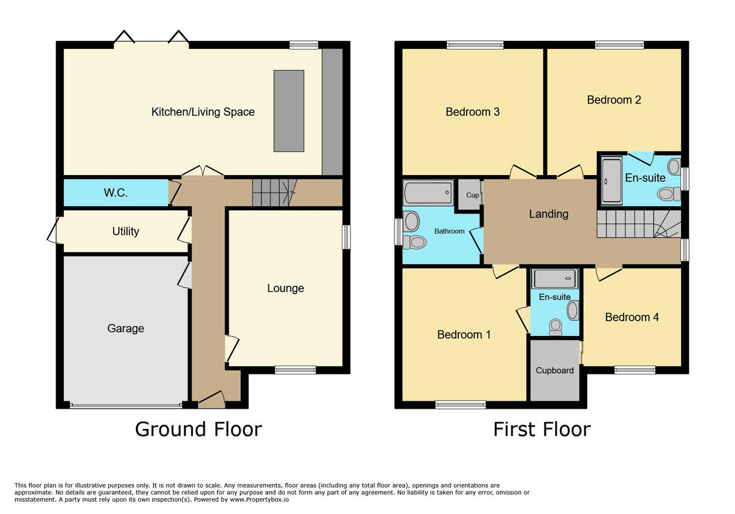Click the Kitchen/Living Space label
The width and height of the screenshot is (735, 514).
203,112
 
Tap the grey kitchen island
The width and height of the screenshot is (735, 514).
288,111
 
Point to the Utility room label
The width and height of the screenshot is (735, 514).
126,231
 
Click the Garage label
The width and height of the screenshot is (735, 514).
126,329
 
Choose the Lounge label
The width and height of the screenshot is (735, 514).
285,288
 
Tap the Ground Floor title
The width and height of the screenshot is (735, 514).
198,429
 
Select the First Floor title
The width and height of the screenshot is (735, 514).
541,429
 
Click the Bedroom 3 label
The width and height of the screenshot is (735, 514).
472,112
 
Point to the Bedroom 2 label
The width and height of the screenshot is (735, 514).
614,100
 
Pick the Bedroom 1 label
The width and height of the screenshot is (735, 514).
464,335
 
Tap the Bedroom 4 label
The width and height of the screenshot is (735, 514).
632,317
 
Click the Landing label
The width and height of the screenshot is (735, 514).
549,214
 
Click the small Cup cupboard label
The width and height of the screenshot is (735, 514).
472,196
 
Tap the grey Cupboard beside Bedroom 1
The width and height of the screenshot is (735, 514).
555,370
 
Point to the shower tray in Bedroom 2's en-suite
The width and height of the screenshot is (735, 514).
611,181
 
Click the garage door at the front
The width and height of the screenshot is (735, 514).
126,404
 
